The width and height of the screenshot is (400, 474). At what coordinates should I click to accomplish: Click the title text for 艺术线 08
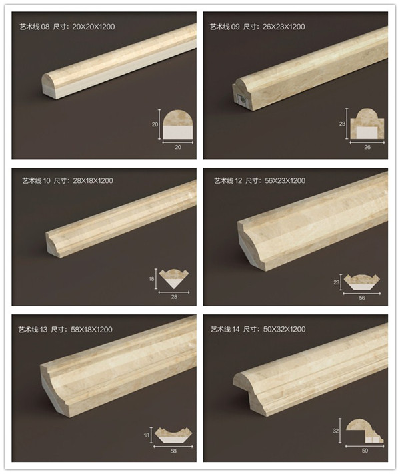click(34, 27)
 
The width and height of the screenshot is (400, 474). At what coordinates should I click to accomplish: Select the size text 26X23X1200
click(284, 27)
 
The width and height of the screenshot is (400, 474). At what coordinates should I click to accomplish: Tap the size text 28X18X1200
click(93, 181)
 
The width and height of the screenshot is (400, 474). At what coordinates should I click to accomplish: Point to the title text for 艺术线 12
click(228, 181)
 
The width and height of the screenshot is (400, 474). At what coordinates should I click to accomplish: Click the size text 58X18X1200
click(92, 329)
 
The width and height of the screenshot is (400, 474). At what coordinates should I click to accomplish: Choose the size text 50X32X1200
click(284, 329)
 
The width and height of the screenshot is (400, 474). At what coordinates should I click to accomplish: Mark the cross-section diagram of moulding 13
click(173, 435)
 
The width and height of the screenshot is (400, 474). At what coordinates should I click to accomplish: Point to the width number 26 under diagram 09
click(367, 147)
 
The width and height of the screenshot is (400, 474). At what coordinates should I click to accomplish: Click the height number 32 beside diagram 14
click(335, 431)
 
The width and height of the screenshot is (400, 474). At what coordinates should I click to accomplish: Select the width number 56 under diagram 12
click(362, 298)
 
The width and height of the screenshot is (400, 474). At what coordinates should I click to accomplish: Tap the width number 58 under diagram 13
click(173, 451)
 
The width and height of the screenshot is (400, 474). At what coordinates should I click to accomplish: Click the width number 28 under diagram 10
click(174, 297)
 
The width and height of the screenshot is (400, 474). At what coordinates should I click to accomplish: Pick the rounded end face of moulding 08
click(49, 86)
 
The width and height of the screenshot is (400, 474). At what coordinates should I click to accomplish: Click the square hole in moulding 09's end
click(241, 98)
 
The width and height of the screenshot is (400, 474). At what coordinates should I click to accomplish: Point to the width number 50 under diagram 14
click(365, 451)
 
